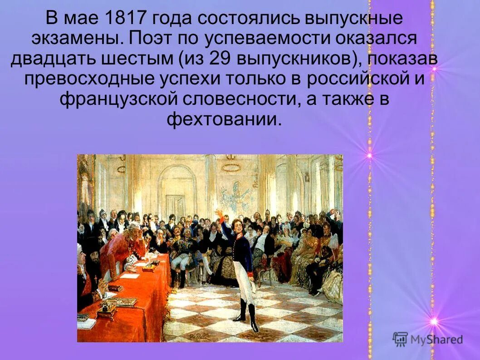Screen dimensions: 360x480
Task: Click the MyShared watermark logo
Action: (x=428, y=339)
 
